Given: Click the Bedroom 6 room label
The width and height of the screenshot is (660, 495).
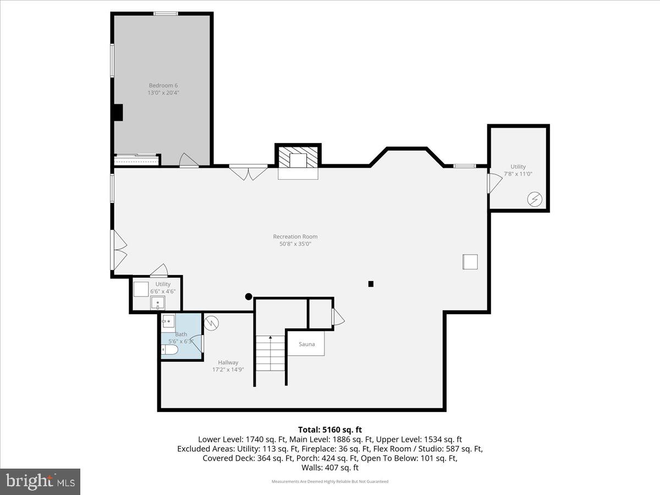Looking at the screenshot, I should [x=163, y=89].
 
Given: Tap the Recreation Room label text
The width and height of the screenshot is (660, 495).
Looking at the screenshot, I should [x=295, y=240].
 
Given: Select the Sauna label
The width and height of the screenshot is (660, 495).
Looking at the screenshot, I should [x=306, y=344].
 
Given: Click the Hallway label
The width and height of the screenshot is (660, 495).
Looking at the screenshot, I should [x=228, y=366].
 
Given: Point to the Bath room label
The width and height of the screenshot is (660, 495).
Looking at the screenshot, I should [x=181, y=338].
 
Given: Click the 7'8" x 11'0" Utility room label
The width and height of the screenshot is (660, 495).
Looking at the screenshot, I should [x=518, y=170].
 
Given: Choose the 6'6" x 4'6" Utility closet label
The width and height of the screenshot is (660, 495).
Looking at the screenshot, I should [x=163, y=288].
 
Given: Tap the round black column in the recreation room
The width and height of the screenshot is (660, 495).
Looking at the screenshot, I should [x=249, y=296].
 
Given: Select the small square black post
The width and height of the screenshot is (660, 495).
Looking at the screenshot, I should [x=371, y=284].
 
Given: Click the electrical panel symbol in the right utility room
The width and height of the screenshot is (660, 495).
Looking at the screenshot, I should [x=533, y=199].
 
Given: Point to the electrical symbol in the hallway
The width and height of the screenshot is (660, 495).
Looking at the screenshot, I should [x=211, y=323].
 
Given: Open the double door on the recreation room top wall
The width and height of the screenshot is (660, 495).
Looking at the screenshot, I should [x=248, y=172].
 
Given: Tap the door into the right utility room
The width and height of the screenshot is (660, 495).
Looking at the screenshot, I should [x=494, y=183].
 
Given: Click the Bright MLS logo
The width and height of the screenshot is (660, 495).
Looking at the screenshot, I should [x=40, y=482].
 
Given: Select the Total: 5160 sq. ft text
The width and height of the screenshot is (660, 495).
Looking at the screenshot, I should [x=330, y=430].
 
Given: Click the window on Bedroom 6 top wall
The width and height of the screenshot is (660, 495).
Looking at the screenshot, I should [x=165, y=13].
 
